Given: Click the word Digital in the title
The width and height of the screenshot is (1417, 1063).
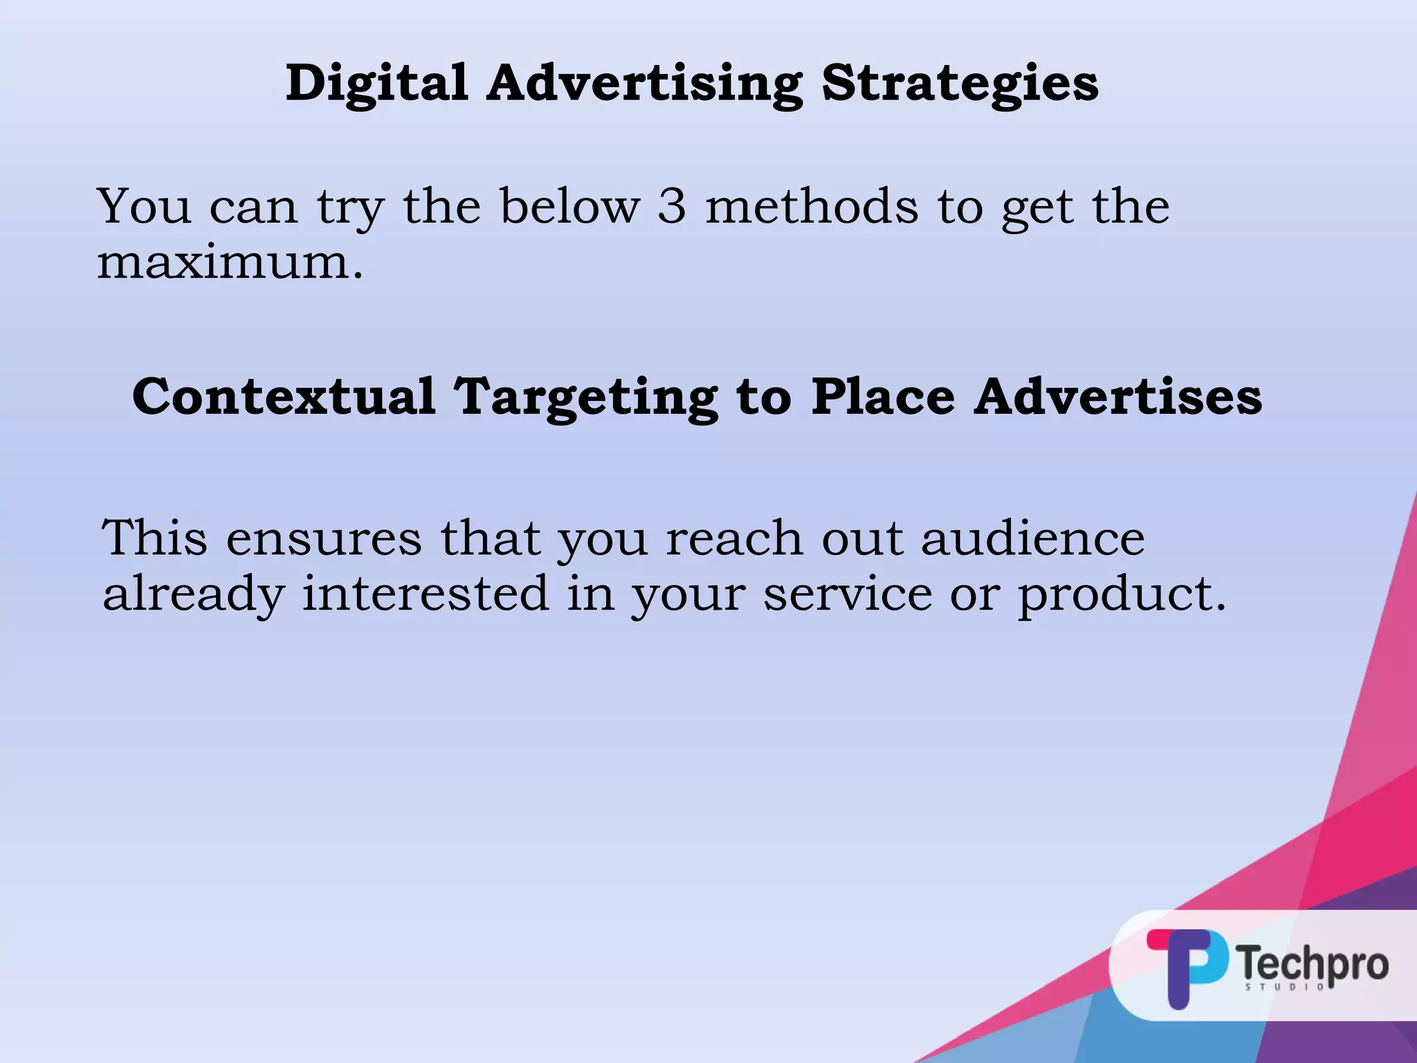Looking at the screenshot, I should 377,83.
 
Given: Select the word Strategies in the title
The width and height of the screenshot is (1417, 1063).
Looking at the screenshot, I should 960,83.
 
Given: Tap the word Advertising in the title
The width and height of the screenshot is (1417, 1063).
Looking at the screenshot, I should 644,83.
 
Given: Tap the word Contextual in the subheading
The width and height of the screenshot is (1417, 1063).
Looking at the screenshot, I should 284,397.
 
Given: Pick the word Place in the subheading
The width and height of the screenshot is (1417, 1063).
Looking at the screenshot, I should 883,397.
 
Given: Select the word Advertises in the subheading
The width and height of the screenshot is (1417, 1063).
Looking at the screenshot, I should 1118,397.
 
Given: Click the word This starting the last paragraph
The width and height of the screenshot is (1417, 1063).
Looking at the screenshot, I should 154,538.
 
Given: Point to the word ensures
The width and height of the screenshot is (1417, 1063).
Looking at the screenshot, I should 323,538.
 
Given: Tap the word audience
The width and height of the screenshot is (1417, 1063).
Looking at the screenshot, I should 1033,538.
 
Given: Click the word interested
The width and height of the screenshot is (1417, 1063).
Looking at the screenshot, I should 426,594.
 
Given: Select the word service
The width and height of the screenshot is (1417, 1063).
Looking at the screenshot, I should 848,594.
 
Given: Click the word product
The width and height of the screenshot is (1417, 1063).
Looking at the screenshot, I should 1121,594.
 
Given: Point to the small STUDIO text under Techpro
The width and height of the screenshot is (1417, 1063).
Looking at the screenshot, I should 1286,987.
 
